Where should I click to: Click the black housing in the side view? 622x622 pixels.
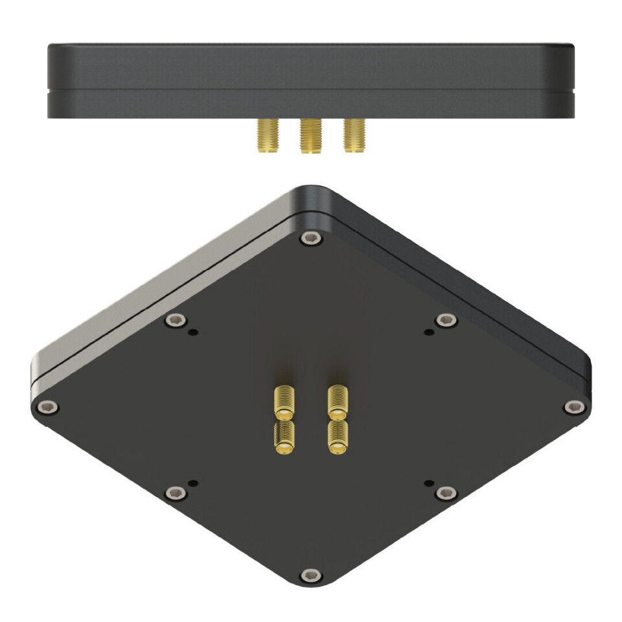click(x=311, y=81)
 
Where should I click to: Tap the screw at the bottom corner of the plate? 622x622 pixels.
click(x=311, y=575)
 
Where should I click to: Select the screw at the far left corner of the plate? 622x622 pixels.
click(x=46, y=407)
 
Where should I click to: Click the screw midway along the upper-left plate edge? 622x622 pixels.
click(x=175, y=320)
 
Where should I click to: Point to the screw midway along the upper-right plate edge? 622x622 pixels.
click(x=446, y=320)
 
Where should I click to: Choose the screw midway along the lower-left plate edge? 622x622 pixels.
click(x=175, y=494)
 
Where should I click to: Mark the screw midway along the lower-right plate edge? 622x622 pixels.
click(x=446, y=494)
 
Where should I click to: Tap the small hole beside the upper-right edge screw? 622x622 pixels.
click(x=428, y=332)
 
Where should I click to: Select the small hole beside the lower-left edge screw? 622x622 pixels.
click(x=193, y=483)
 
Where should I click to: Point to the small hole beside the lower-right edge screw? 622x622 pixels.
click(x=428, y=483)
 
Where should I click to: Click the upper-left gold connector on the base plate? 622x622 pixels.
click(x=284, y=402)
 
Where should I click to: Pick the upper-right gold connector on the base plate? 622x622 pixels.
click(x=338, y=401)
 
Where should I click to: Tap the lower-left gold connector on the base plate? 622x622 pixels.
click(x=284, y=438)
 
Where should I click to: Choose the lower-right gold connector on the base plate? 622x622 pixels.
click(x=337, y=437)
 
